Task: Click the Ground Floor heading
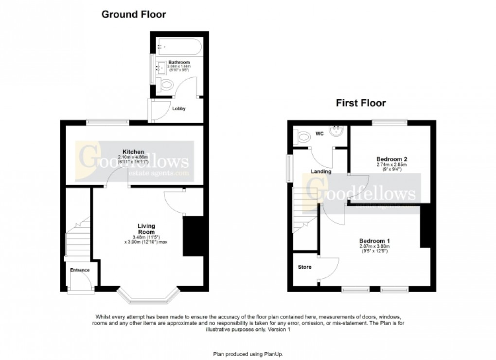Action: (x=133, y=15)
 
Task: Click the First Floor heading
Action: (x=361, y=103)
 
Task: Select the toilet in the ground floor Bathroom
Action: (x=166, y=86)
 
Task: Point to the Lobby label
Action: (x=179, y=109)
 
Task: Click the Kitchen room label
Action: (x=133, y=152)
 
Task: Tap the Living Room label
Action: (x=146, y=229)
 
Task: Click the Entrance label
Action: (x=79, y=270)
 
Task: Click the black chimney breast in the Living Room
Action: (x=192, y=236)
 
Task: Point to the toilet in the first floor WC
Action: (x=304, y=137)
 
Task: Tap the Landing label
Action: (x=321, y=171)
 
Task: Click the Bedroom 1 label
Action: (x=374, y=241)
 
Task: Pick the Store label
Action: (x=304, y=267)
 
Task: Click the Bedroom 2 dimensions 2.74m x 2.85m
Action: (x=391, y=165)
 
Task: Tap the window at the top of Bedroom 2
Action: (x=390, y=122)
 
